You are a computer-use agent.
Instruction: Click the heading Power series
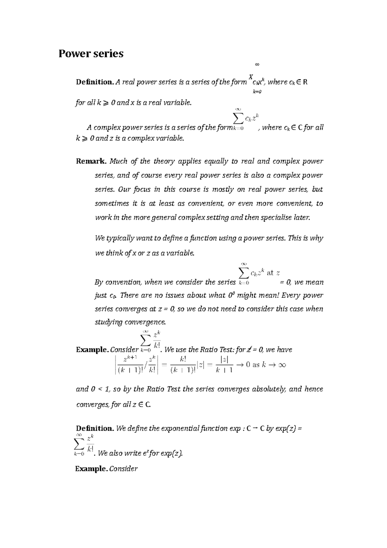[x=91, y=54]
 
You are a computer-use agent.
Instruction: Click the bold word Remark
[x=91, y=161]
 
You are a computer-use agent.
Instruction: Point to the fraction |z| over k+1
[x=224, y=365]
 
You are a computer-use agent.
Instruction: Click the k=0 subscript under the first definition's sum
[x=257, y=92]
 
